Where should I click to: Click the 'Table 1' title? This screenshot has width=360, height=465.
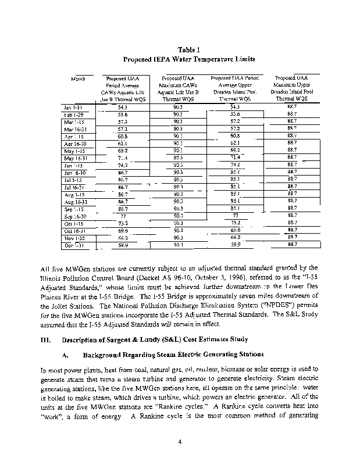(180, 49)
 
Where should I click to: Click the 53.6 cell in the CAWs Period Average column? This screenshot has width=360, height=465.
(122, 115)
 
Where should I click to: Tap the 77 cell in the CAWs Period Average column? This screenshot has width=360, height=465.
(122, 215)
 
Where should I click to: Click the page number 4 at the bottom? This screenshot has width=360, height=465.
(180, 441)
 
